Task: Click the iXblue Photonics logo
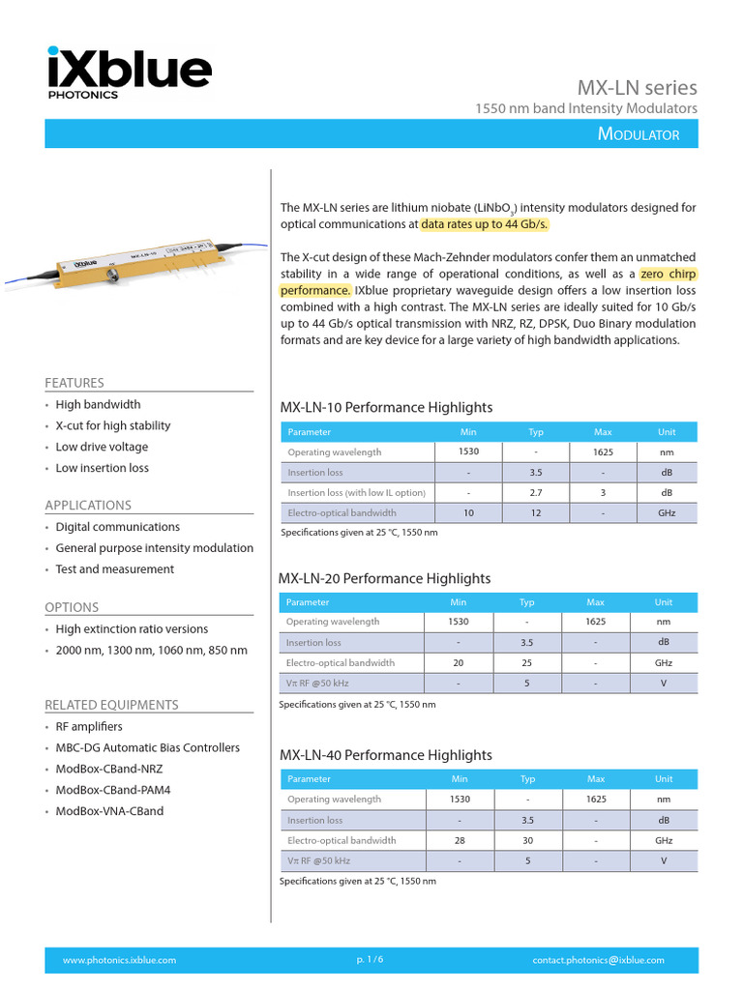click(x=128, y=73)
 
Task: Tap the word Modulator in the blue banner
click(x=639, y=134)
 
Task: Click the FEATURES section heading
click(x=74, y=383)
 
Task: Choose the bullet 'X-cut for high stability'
click(x=112, y=425)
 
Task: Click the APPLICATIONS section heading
click(x=88, y=505)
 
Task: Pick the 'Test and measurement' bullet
click(x=114, y=569)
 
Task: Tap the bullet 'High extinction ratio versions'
click(x=132, y=629)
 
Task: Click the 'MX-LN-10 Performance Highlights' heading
click(x=386, y=407)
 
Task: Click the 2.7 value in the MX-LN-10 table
click(x=535, y=493)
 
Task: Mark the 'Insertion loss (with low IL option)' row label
click(x=356, y=493)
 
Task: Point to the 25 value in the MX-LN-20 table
click(x=527, y=663)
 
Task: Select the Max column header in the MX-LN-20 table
click(x=595, y=602)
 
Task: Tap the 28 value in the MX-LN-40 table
click(x=460, y=840)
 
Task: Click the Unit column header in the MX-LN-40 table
click(x=664, y=778)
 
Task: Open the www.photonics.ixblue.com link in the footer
click(x=119, y=960)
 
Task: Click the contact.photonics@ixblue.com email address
click(x=598, y=960)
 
